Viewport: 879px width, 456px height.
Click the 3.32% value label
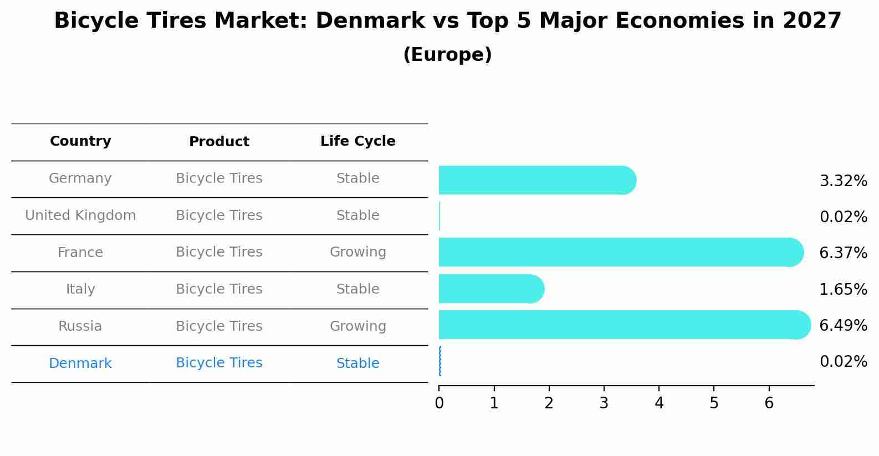pyautogui.click(x=843, y=181)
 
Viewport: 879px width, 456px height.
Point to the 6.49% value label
pyautogui.click(x=843, y=325)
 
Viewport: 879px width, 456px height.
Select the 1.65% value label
pyautogui.click(x=843, y=289)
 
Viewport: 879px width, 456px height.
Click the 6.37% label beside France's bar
pyautogui.click(x=843, y=253)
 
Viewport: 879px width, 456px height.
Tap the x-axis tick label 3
pyautogui.click(x=604, y=403)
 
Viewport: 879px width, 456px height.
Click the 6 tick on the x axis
pyautogui.click(x=769, y=403)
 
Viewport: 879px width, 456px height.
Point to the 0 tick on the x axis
pyautogui.click(x=439, y=403)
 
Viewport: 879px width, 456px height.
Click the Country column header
pyautogui.click(x=80, y=141)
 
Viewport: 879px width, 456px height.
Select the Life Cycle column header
pyautogui.click(x=357, y=141)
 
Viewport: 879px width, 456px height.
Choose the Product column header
pyautogui.click(x=219, y=142)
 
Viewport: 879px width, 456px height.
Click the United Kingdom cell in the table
pyautogui.click(x=80, y=216)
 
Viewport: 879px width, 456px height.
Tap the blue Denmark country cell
pyautogui.click(x=80, y=363)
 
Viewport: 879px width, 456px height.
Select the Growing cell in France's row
pyautogui.click(x=357, y=252)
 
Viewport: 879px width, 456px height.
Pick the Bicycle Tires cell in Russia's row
pyautogui.click(x=219, y=326)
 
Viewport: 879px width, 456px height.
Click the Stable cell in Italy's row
pyautogui.click(x=357, y=289)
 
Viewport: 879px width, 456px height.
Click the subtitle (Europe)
pyautogui.click(x=447, y=55)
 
